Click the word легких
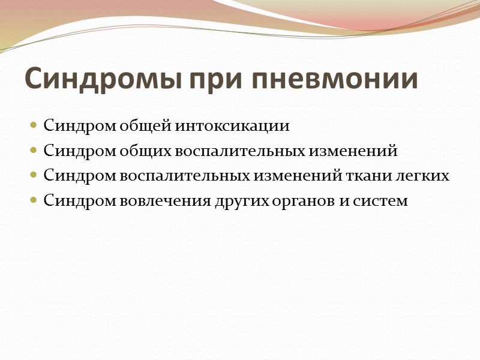427,176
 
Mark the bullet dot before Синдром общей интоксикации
34,127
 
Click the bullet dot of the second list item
34,151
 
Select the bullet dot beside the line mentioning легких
34,176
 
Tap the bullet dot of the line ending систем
34,200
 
